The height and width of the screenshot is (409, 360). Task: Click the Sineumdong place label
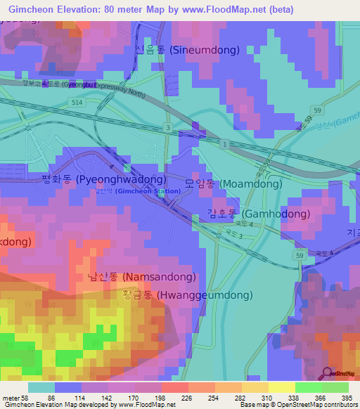[x=187, y=50]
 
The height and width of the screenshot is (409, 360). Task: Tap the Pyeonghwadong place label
[x=104, y=179]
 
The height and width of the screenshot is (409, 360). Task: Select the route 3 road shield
[x=167, y=127]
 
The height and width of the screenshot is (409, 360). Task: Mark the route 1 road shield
[x=224, y=143]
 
